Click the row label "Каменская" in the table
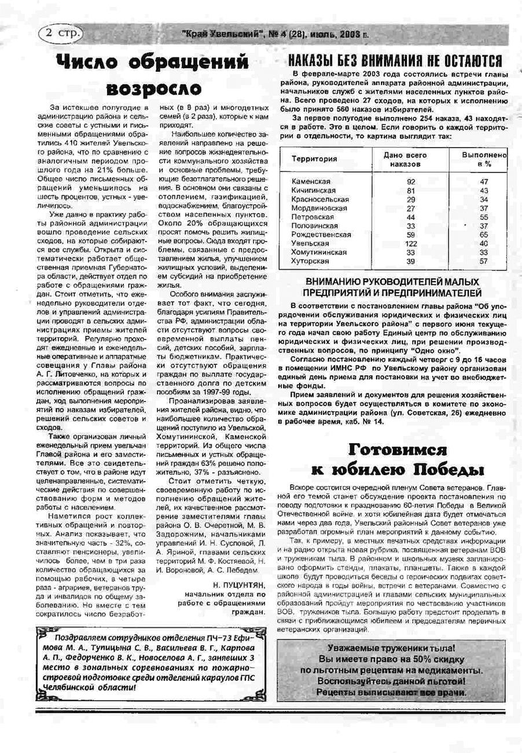pos(311,181)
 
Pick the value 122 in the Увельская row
pos(411,244)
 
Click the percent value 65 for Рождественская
pos(484,235)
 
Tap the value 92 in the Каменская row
pos(411,181)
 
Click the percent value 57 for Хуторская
pos(484,261)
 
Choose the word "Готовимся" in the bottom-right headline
pos(397,451)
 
